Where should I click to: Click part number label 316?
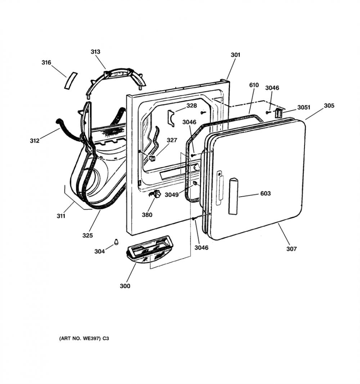(46, 63)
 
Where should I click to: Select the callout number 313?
(95, 52)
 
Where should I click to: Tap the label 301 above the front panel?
(235, 55)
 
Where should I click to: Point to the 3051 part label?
(304, 107)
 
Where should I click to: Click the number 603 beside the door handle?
(265, 193)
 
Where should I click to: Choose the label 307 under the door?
(292, 249)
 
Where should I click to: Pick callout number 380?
(147, 215)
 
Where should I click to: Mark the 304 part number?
(100, 251)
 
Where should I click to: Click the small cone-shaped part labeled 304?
(116, 242)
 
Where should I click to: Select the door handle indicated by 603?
(233, 197)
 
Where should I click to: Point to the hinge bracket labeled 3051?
(279, 113)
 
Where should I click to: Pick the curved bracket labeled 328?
(171, 118)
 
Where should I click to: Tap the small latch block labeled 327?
(153, 158)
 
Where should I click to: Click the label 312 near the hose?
(35, 141)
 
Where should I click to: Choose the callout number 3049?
(172, 195)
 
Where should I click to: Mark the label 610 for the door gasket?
(254, 85)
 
